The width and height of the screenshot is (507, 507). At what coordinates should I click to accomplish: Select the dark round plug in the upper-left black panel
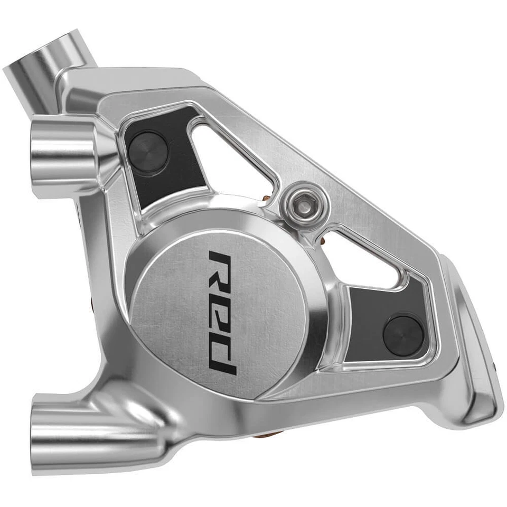[x=148, y=151]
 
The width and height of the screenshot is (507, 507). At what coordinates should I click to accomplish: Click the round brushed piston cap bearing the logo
[x=222, y=312]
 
